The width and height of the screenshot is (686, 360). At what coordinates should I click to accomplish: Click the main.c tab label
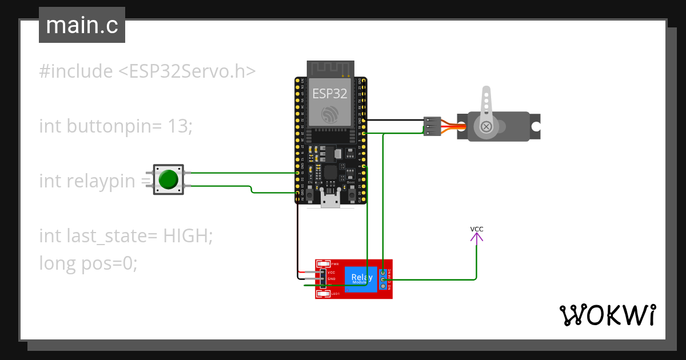coord(82,26)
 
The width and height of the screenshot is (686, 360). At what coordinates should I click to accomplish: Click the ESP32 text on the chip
coord(329,94)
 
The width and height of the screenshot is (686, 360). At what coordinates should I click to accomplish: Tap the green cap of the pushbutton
coord(168,179)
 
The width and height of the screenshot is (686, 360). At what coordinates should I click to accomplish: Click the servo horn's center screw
coord(486,126)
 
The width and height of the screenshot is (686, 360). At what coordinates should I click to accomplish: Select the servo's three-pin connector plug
coord(432,126)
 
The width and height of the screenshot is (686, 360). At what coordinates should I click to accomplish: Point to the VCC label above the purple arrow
coord(477,229)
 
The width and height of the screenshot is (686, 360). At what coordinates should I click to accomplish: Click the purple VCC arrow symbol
coord(477,238)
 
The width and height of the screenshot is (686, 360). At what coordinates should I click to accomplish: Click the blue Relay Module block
coord(361,279)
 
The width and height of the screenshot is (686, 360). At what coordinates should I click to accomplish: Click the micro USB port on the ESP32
coord(329,201)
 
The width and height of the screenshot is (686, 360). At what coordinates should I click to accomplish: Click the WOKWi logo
coord(607,315)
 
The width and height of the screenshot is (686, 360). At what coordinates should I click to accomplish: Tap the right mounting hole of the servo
coord(536,126)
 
